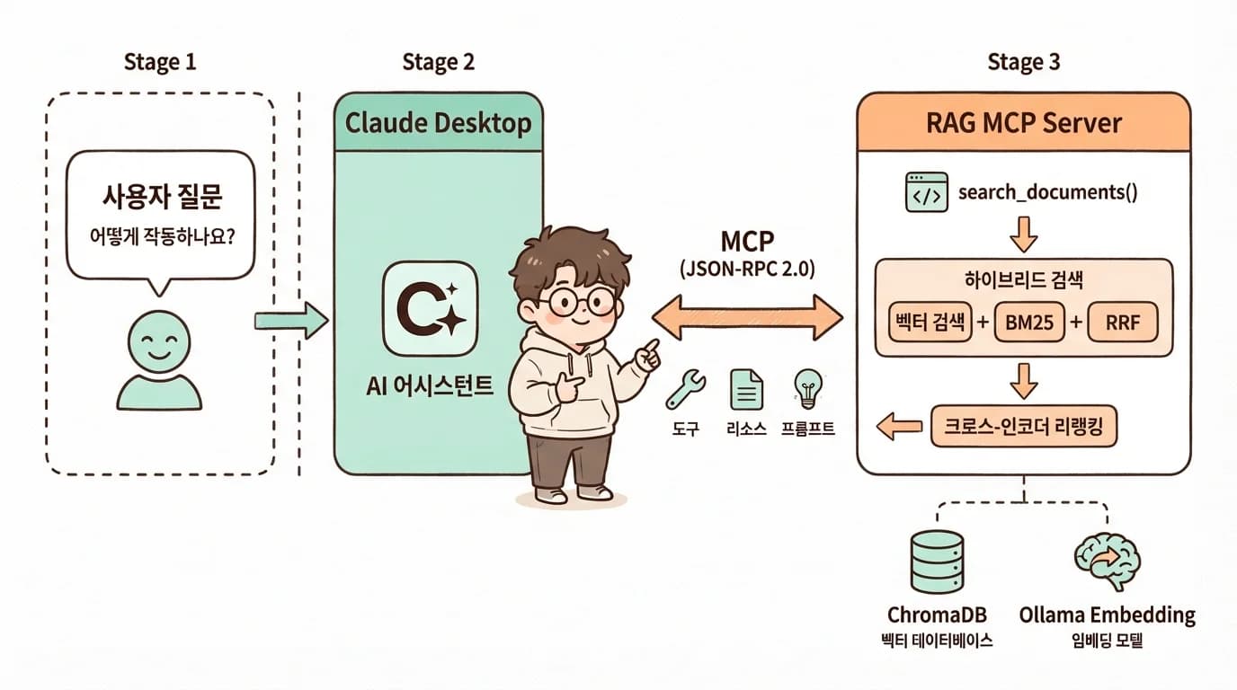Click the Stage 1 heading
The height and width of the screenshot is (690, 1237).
coord(159,62)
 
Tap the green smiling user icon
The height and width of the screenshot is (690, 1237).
coord(159,359)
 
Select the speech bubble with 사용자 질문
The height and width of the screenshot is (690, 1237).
coord(161,215)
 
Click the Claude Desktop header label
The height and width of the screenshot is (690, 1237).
coord(438,123)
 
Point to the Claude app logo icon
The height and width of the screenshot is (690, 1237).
coord(431,308)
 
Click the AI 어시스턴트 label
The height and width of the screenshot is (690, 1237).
coord(430,386)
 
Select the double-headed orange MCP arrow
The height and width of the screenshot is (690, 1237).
coord(747,317)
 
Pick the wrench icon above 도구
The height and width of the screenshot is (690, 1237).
coord(685,389)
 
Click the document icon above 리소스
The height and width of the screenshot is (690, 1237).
coord(746,389)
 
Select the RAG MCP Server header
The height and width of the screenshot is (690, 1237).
coord(1023,123)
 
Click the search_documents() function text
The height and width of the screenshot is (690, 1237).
coord(1048,192)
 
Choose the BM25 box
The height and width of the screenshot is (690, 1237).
coord(1031,323)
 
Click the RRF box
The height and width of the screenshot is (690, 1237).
coord(1122,323)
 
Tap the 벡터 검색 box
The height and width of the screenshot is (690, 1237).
coord(930,323)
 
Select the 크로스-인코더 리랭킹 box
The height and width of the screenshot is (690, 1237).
coord(1023,427)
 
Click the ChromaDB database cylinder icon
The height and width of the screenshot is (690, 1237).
coord(937,562)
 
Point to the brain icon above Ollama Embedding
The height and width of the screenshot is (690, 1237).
coord(1108,559)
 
